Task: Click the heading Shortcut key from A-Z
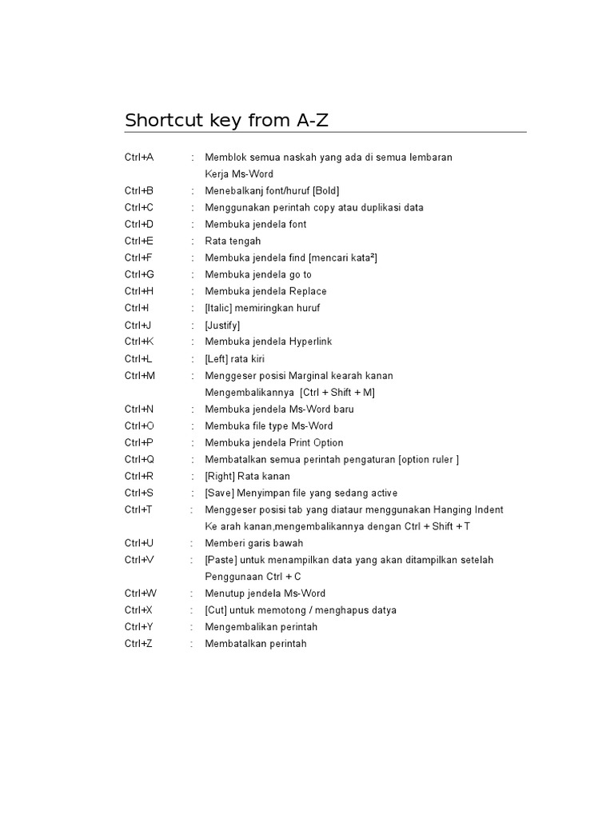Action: tap(227, 121)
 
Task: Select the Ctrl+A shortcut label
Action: tap(139, 158)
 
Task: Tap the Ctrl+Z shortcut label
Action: tap(138, 644)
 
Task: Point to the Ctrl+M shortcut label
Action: tap(140, 376)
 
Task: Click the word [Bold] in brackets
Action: tap(326, 191)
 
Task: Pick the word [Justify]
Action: tap(222, 326)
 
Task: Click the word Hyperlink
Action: tap(305, 342)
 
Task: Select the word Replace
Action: tap(302, 292)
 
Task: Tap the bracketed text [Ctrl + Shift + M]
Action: tap(337, 393)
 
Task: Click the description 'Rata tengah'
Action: tap(233, 242)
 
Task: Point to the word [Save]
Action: tap(219, 493)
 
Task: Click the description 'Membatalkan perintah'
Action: tap(256, 644)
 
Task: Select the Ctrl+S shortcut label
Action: tap(139, 493)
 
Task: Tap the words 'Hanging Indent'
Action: tap(470, 510)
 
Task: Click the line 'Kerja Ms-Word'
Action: tap(239, 174)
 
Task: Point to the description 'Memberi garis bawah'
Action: tap(254, 544)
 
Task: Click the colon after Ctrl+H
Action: tap(193, 292)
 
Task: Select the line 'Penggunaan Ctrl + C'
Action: tap(253, 577)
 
